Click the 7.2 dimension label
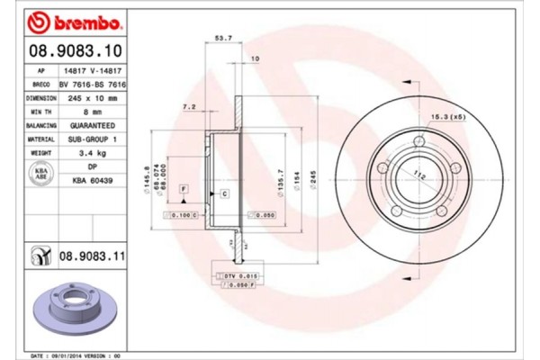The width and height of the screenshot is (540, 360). coord(189,106)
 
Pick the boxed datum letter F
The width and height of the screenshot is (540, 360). coord(183,187)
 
